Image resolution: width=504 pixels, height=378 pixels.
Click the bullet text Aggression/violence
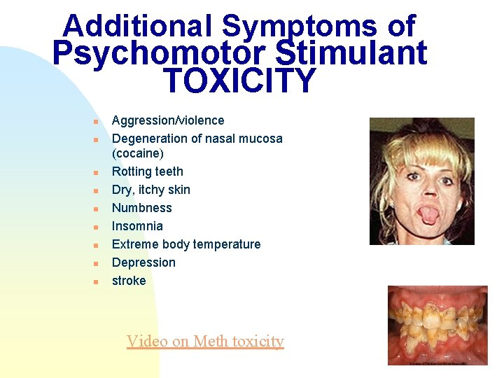pyautogui.click(x=168, y=120)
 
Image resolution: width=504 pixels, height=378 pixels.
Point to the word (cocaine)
pyautogui.click(x=138, y=153)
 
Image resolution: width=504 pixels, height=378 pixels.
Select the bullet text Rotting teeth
pyautogui.click(x=148, y=171)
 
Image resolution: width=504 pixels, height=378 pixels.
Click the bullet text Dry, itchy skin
pyautogui.click(x=151, y=190)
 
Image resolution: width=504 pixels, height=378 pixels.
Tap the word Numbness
pyautogui.click(x=142, y=208)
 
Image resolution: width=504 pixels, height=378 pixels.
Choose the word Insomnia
pyautogui.click(x=137, y=226)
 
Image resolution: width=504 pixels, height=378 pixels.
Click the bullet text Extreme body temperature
pyautogui.click(x=186, y=244)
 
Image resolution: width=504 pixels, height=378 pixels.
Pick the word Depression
pyautogui.click(x=143, y=262)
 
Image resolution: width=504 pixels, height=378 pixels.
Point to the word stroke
pyautogui.click(x=129, y=281)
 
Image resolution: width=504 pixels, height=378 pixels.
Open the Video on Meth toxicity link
pyautogui.click(x=205, y=341)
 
